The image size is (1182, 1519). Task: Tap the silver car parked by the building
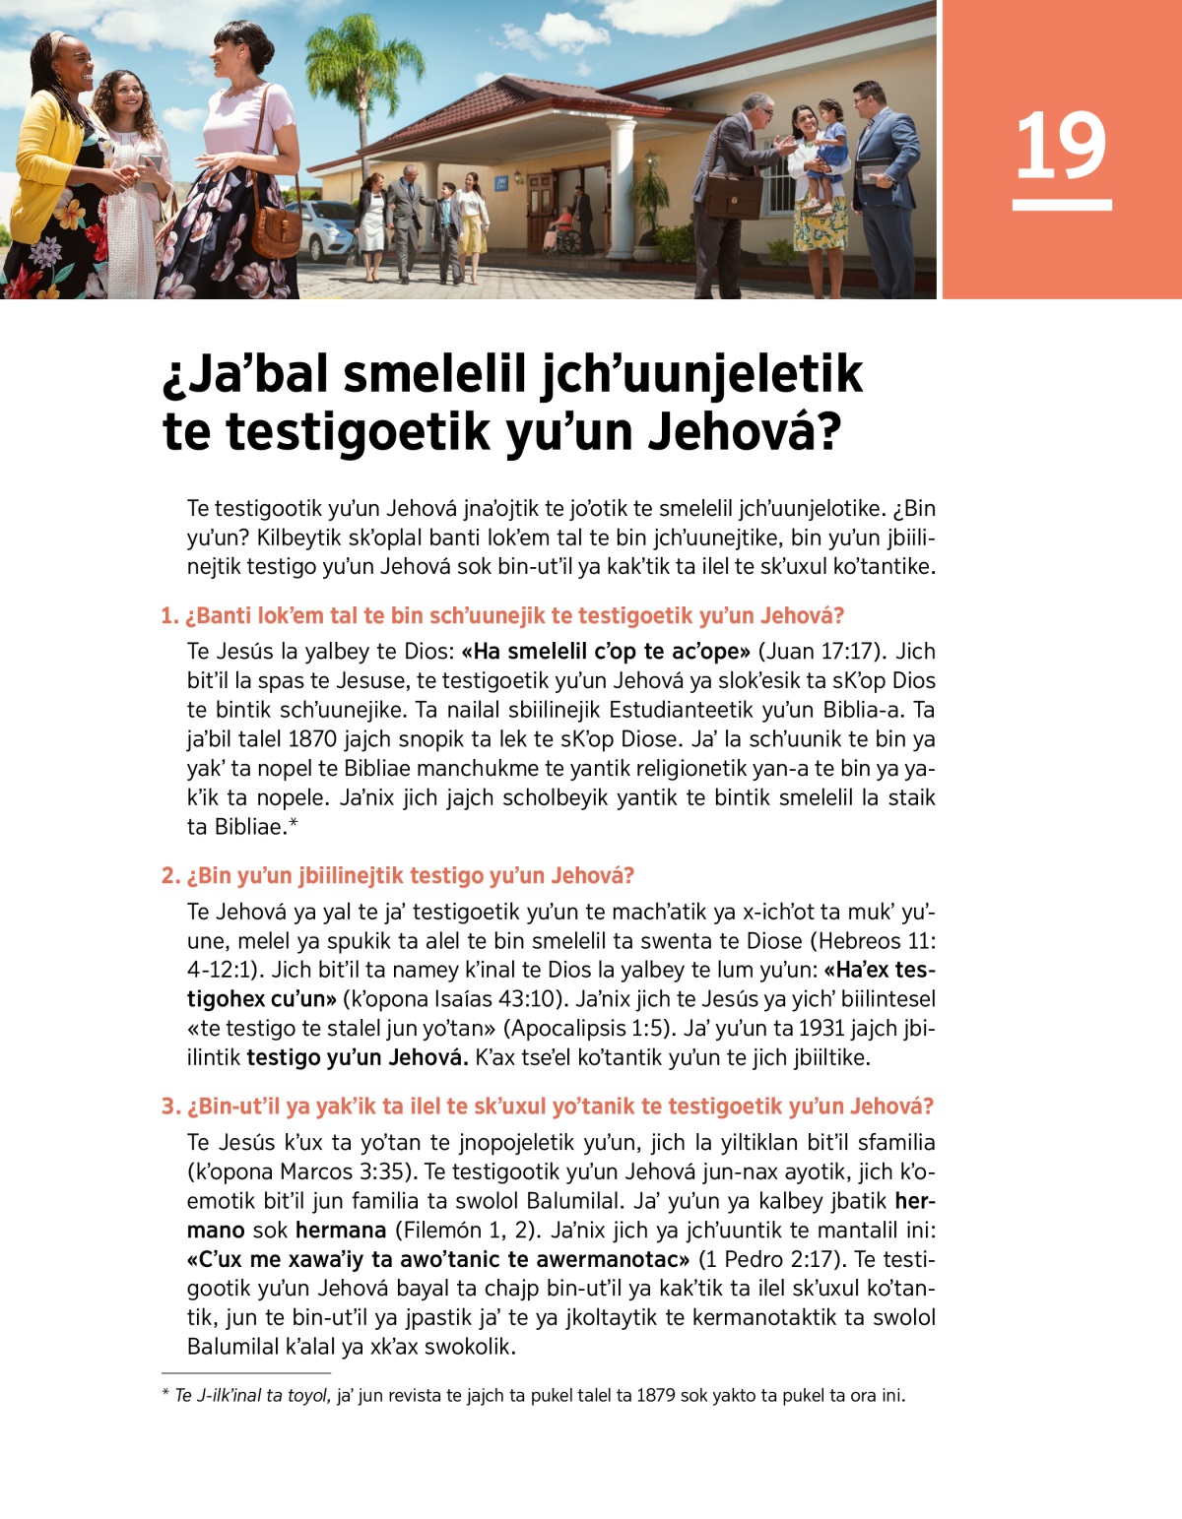pos(326,231)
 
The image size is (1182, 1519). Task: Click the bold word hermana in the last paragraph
pos(341,1231)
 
